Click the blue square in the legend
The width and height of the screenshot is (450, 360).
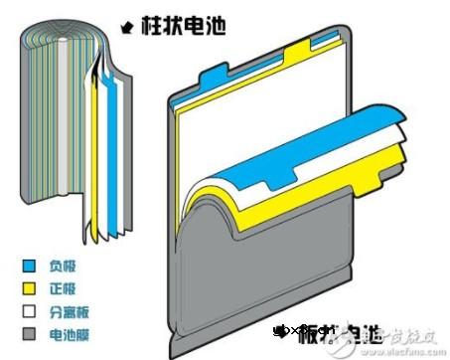(29, 267)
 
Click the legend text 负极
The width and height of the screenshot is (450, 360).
(61, 267)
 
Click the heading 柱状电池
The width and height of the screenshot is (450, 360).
(185, 27)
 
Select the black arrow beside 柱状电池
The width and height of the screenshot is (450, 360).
(126, 26)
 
